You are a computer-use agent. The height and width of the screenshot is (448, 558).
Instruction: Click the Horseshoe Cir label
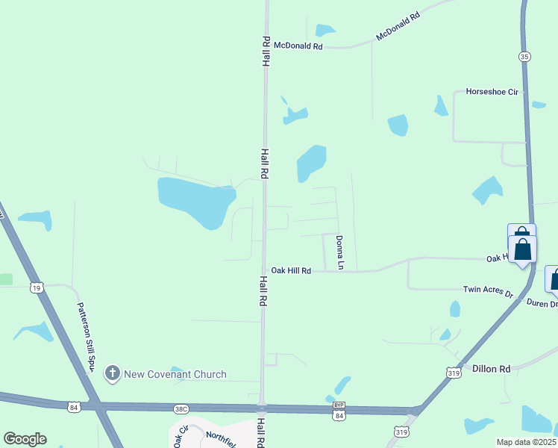(x=492, y=91)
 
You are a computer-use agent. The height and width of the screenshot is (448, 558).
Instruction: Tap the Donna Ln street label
(x=339, y=252)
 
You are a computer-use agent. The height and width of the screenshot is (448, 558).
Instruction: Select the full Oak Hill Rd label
(x=291, y=270)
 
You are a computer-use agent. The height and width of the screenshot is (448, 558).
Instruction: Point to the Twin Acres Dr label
(x=489, y=290)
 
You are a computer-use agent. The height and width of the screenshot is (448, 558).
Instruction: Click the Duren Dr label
(x=542, y=304)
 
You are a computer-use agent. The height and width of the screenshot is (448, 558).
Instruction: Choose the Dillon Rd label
(x=492, y=369)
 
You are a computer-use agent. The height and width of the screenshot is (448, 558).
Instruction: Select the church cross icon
(x=113, y=373)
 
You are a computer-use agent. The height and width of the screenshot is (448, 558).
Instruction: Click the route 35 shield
(x=525, y=56)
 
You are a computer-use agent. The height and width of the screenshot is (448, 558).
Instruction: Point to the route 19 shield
(x=36, y=286)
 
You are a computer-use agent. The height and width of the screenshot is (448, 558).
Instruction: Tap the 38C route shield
(x=181, y=408)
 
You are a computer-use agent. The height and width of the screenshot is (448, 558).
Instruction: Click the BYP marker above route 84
(x=339, y=405)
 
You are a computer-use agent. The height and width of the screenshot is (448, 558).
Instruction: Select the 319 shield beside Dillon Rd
(x=453, y=372)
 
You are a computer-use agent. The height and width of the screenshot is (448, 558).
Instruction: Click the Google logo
(x=25, y=438)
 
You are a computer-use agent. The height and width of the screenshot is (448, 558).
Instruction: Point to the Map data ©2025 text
(x=525, y=442)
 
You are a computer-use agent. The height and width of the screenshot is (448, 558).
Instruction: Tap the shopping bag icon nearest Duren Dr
(x=554, y=279)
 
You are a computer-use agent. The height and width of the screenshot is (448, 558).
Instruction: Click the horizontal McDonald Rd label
(x=298, y=46)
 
